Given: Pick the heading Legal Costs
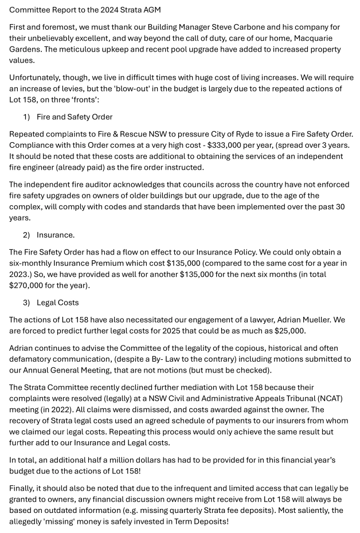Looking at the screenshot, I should coord(58,303).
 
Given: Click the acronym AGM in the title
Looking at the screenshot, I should coord(152,10).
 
